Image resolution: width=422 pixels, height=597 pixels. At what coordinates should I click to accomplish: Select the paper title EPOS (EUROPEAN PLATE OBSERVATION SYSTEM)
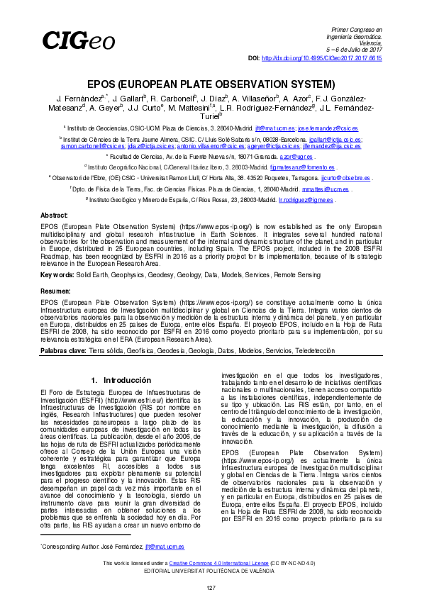coord(211,84)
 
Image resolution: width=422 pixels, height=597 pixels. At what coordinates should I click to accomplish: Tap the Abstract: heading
coord(55,214)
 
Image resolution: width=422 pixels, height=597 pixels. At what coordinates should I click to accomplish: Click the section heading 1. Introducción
coord(121,381)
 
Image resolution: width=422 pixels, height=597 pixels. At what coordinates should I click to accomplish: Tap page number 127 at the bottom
coord(211,588)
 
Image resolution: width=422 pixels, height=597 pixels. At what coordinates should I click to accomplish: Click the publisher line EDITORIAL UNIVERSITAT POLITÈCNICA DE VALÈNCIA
coord(211,570)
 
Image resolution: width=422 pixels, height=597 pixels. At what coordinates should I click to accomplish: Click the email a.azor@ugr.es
coord(296,155)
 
